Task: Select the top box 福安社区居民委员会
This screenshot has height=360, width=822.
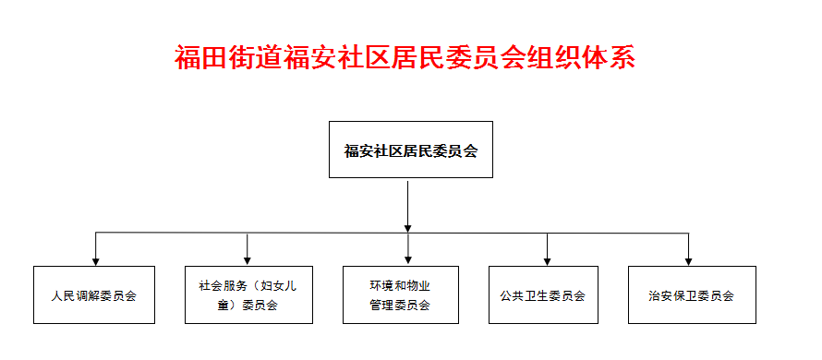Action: (x=410, y=150)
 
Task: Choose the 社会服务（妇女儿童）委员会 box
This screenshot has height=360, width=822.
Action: (x=247, y=295)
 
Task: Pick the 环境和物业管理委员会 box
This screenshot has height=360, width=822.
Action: (x=399, y=295)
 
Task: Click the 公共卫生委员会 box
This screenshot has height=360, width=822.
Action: (x=549, y=295)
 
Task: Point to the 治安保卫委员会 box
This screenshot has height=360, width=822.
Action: (x=691, y=295)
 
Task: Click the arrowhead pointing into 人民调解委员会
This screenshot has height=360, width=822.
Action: (x=95, y=260)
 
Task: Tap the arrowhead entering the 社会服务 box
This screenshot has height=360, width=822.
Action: (x=248, y=260)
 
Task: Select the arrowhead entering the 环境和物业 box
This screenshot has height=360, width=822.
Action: (x=407, y=260)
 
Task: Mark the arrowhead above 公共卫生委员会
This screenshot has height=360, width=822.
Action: (x=547, y=260)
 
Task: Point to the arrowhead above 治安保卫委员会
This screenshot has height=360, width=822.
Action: (x=688, y=260)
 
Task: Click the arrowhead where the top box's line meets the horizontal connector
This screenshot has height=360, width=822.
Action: (x=407, y=227)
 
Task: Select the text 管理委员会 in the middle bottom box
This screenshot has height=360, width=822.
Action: (x=399, y=305)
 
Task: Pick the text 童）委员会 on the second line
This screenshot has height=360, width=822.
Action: (x=247, y=306)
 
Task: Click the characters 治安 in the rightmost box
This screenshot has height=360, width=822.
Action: (x=659, y=296)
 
